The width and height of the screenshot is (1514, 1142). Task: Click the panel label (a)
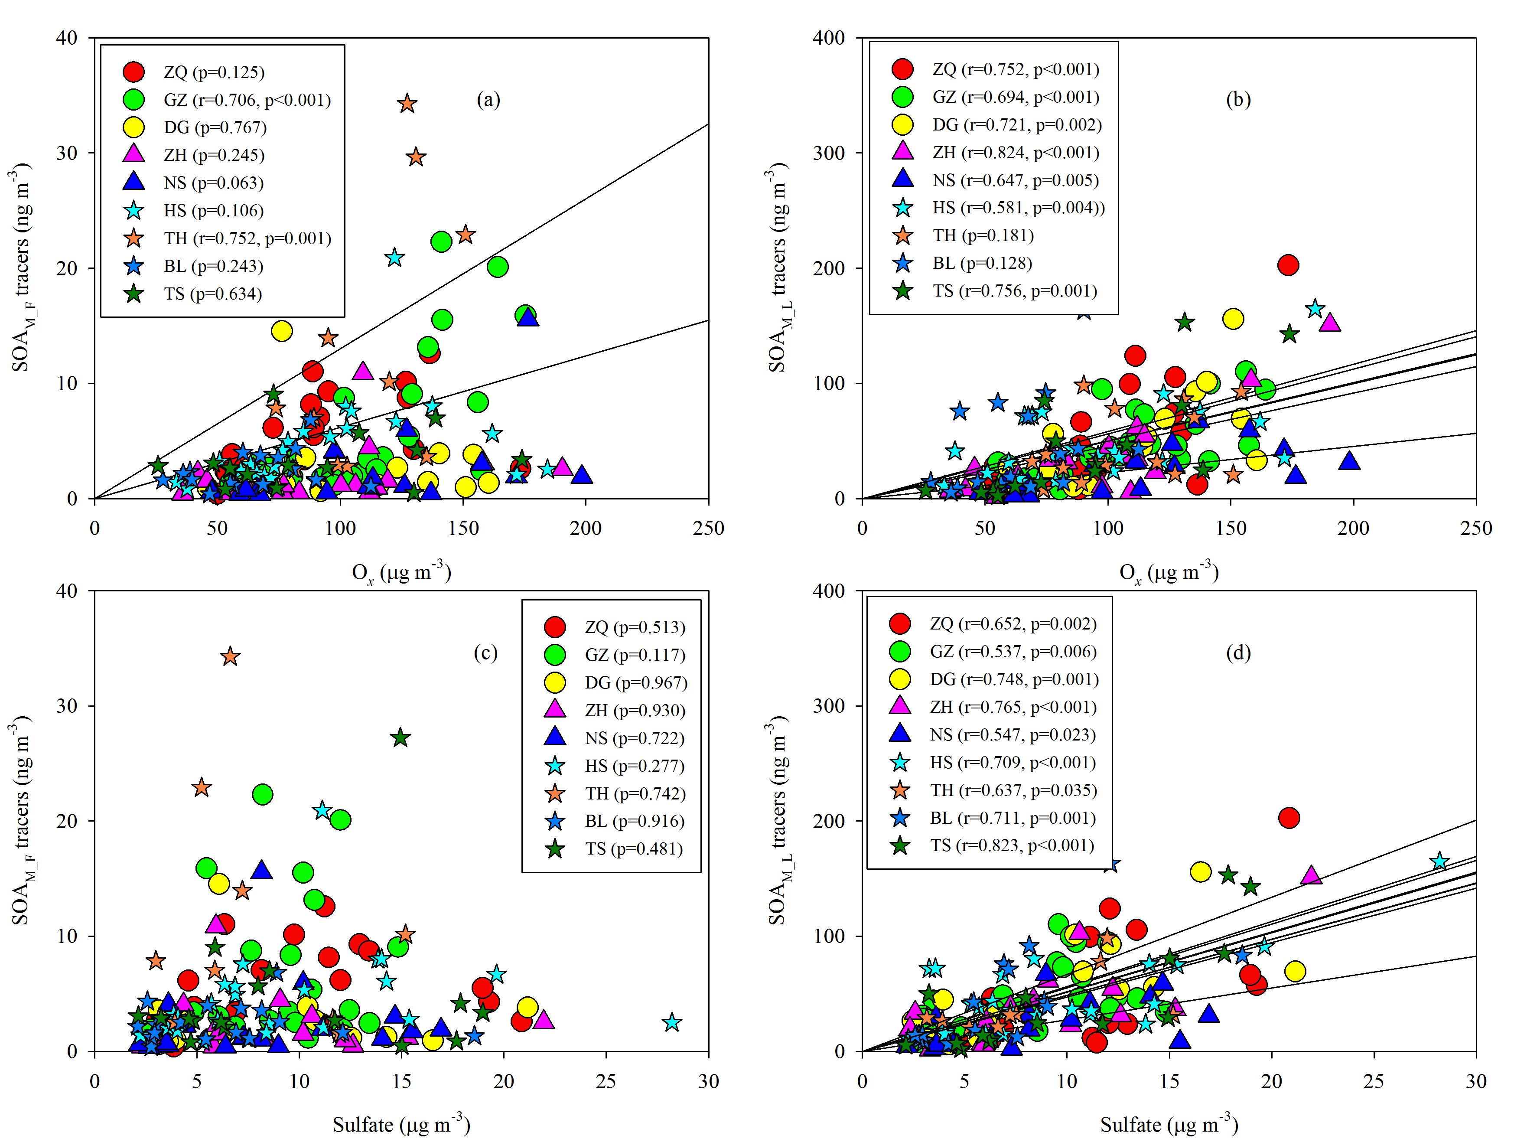(x=488, y=100)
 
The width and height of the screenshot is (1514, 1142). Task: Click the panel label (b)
(x=1237, y=100)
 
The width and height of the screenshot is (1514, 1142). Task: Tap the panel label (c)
(x=485, y=653)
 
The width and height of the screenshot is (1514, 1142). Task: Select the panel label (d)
(x=1237, y=653)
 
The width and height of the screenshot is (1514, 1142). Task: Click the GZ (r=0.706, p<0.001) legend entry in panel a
(x=246, y=100)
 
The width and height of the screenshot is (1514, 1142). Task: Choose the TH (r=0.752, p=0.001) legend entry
(x=246, y=238)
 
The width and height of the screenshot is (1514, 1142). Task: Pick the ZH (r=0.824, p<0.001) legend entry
(x=1015, y=152)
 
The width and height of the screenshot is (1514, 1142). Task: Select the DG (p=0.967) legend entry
(x=635, y=682)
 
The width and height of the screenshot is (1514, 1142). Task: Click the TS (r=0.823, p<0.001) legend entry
(x=1012, y=845)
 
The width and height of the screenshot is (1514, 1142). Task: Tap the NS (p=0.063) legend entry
(x=213, y=183)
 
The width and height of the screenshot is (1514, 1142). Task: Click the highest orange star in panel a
(x=407, y=103)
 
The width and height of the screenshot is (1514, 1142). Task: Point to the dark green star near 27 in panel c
(x=400, y=738)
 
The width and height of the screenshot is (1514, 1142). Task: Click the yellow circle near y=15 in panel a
(x=281, y=331)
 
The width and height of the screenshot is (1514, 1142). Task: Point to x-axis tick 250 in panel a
(x=708, y=528)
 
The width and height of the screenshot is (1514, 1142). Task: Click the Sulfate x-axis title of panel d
(x=1169, y=1125)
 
